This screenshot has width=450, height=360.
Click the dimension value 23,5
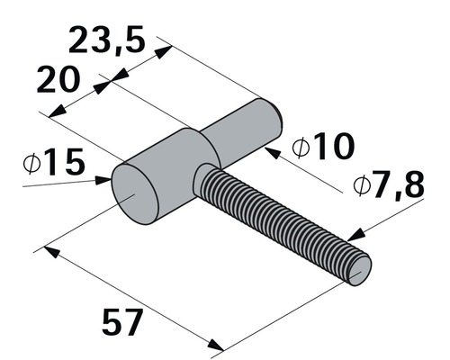tap(106, 41)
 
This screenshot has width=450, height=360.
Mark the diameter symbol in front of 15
tap(31, 164)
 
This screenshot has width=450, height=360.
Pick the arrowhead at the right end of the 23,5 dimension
tap(164, 53)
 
